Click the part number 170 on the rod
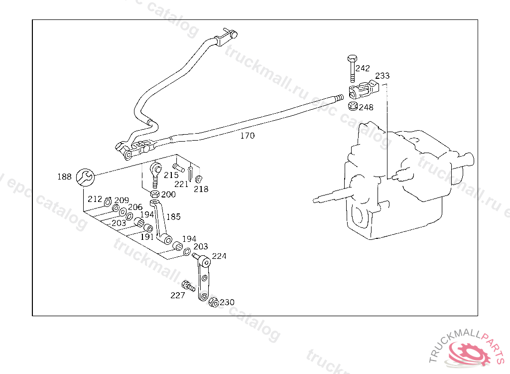(248, 136)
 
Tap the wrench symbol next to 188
(85, 176)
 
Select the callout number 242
(363, 68)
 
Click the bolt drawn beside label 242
(351, 68)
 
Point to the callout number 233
(382, 76)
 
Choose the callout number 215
(171, 175)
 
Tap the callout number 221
(182, 184)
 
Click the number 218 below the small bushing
(202, 189)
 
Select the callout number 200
(168, 194)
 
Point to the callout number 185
(173, 217)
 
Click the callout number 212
(95, 199)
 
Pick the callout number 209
(122, 200)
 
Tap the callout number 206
(135, 207)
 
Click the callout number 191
(147, 237)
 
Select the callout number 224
(219, 256)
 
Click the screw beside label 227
(189, 286)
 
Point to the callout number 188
(65, 177)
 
